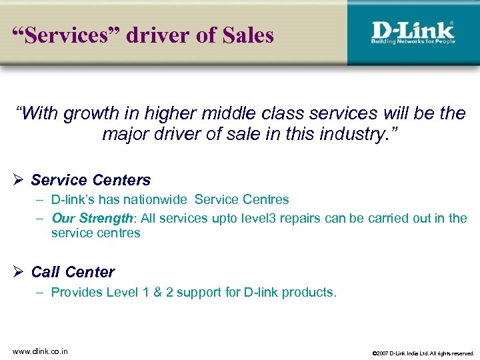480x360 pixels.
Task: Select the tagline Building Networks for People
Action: pyautogui.click(x=412, y=42)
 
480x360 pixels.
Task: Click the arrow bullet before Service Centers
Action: pyautogui.click(x=19, y=180)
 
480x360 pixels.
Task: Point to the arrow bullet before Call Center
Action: pyautogui.click(x=19, y=272)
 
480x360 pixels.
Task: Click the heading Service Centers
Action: pyautogui.click(x=91, y=180)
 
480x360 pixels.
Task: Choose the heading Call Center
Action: pyautogui.click(x=73, y=272)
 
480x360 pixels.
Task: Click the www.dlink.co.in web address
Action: pyautogui.click(x=39, y=351)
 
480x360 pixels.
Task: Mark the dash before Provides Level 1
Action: pyautogui.click(x=40, y=292)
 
